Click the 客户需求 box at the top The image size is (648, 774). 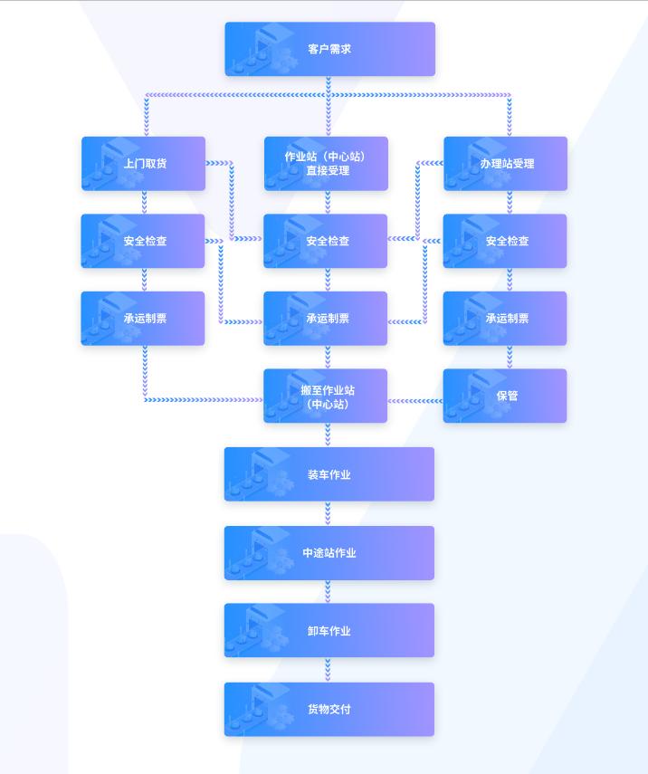pos(329,49)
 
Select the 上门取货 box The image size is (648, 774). pos(144,164)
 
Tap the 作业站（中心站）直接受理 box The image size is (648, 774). pos(326,164)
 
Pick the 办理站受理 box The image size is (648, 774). pos(506,164)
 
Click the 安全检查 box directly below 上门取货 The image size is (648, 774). pos(144,242)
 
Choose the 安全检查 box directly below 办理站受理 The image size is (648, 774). pos(506,242)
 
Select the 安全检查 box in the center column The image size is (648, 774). pos(326,242)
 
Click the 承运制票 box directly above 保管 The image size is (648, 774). pos(506,319)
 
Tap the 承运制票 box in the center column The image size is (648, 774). pos(326,319)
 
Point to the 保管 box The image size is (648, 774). pos(506,396)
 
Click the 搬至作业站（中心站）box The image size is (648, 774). pos(326,396)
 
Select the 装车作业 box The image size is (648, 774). pos(329,474)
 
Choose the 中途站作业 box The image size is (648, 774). pos(329,553)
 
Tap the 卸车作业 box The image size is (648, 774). pos(329,631)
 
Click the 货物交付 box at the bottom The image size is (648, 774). pos(329,710)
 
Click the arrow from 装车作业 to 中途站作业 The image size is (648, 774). pos(329,513)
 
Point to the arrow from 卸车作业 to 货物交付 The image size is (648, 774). pos(329,670)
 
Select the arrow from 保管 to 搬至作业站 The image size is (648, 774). pos(415,400)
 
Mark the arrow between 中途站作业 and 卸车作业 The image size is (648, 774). pos(329,592)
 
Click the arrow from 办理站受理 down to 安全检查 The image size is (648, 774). pos(509,203)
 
